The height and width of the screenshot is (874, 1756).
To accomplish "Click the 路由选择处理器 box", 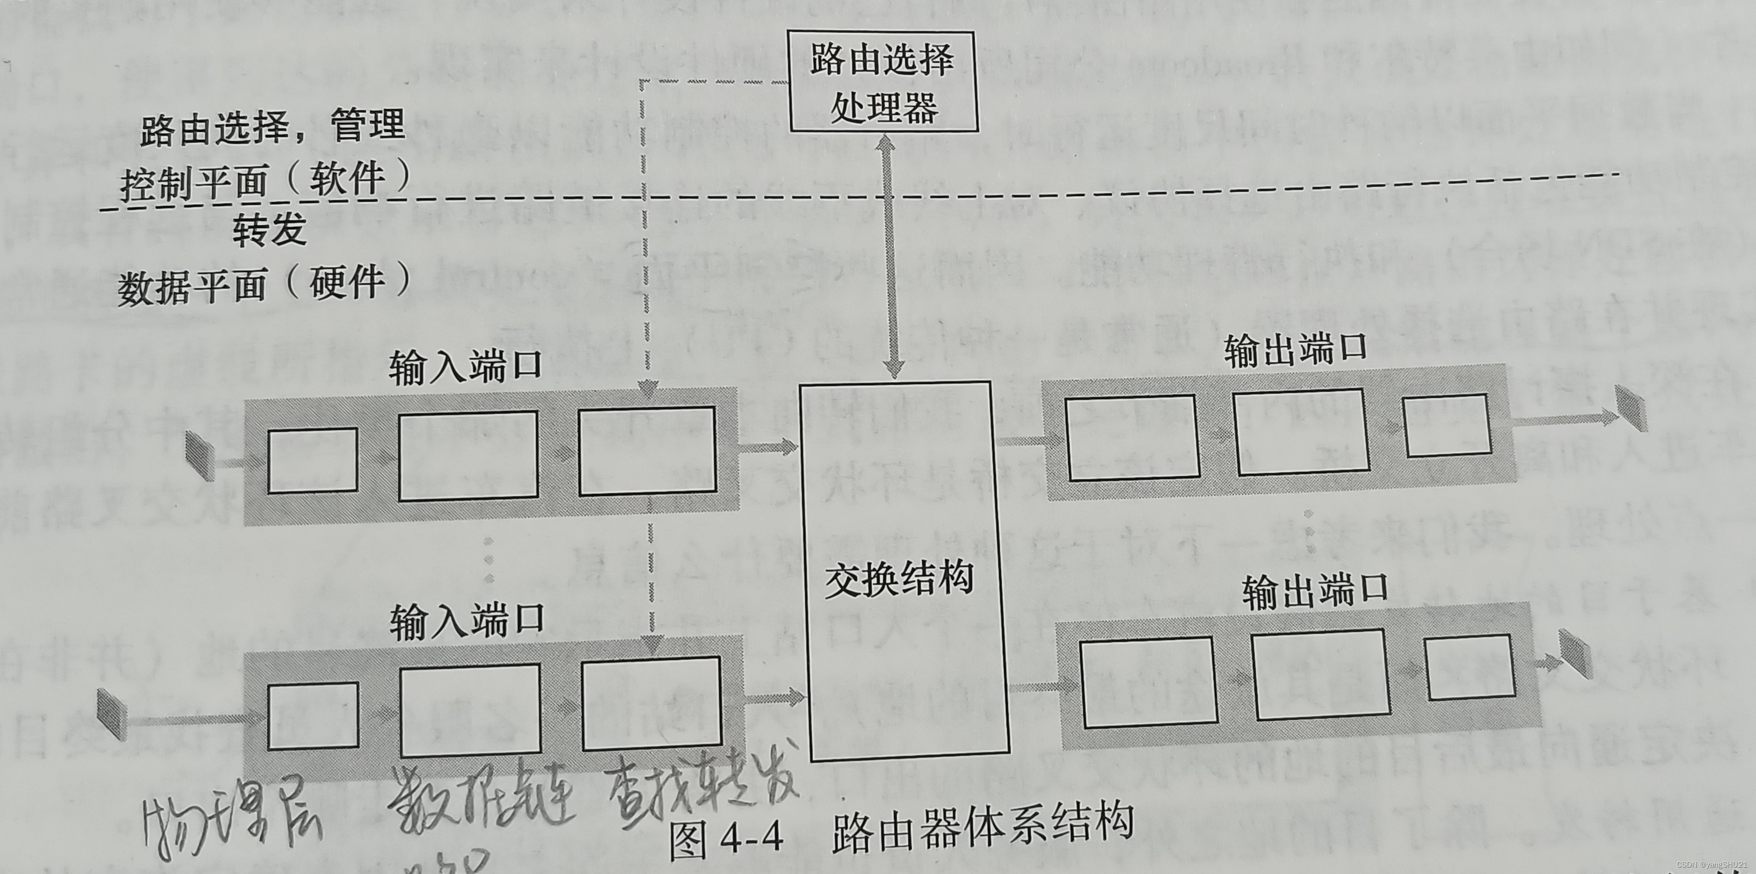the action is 883,81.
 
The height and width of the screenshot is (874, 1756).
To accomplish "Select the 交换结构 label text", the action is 899,580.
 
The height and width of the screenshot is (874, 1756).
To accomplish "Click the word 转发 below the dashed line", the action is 269,230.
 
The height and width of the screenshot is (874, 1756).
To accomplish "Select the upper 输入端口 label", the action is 465,368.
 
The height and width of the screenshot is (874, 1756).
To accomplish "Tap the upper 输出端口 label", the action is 1295,350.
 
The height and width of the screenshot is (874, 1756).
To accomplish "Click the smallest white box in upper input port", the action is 312,460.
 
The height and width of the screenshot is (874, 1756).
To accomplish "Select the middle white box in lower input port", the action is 470,711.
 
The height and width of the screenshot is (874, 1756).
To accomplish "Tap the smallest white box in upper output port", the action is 1446,425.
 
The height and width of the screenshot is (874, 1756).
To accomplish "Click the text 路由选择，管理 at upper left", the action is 273,126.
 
